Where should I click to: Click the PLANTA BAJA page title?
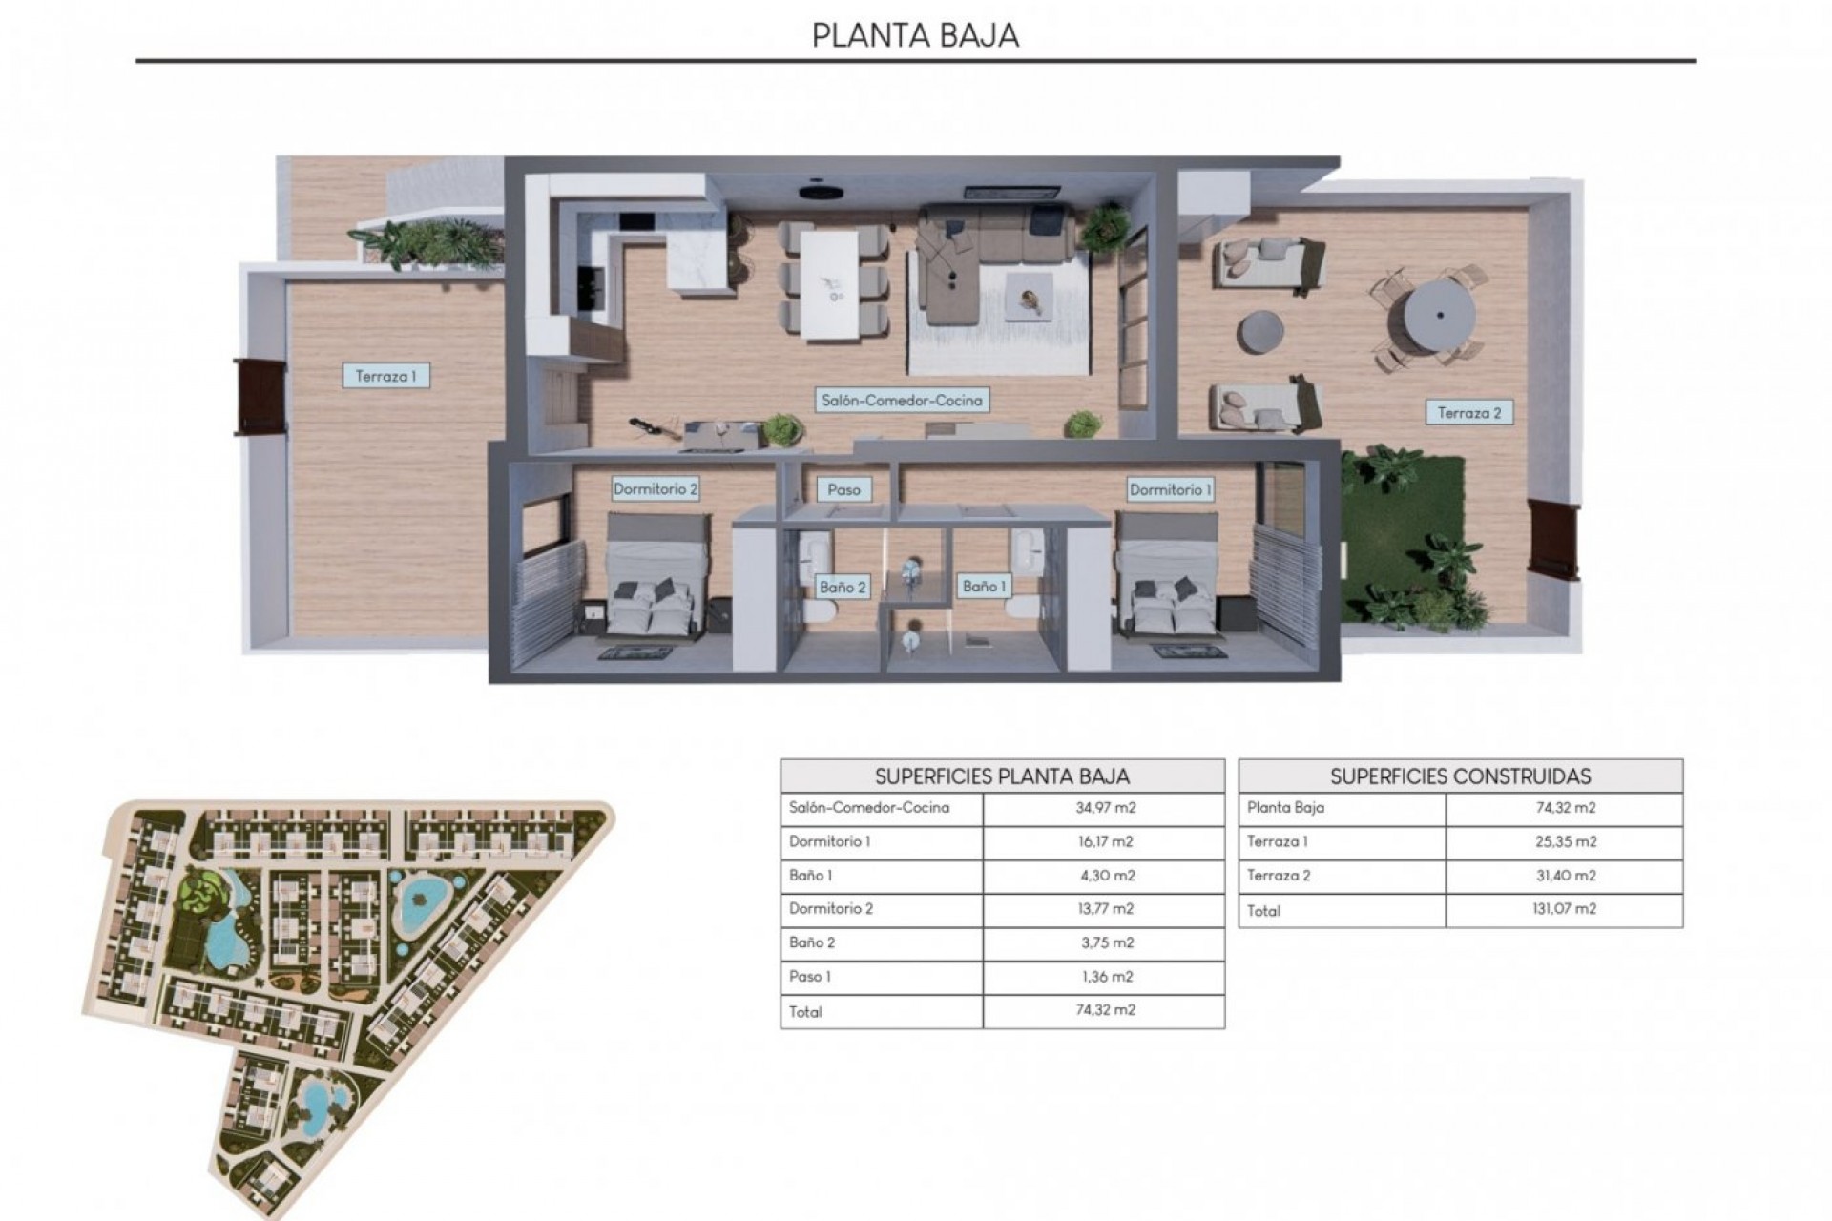(x=915, y=35)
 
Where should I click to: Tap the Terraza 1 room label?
(x=385, y=376)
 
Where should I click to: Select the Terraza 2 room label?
(x=1469, y=413)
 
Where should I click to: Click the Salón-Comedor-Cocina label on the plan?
(x=902, y=401)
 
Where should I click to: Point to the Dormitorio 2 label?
(x=656, y=489)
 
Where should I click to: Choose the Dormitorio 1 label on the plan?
(x=1170, y=489)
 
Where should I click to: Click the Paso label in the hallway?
(x=843, y=489)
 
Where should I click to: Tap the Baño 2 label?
(x=843, y=587)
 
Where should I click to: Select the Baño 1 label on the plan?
(x=984, y=586)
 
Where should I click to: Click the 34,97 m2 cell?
(x=1105, y=808)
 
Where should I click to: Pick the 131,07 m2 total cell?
(x=1565, y=909)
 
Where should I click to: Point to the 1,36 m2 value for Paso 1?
(x=1105, y=977)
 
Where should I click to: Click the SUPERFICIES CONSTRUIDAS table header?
(x=1460, y=776)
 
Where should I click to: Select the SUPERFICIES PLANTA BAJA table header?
(x=1002, y=776)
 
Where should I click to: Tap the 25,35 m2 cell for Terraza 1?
(x=1565, y=841)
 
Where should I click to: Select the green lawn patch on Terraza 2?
(x=1403, y=534)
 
